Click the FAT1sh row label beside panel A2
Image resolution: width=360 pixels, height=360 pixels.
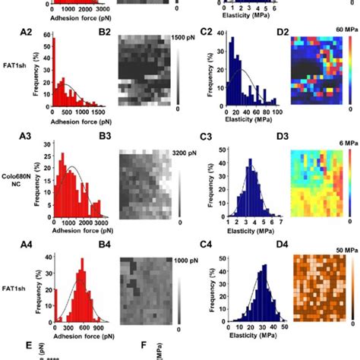[x=17, y=78]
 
